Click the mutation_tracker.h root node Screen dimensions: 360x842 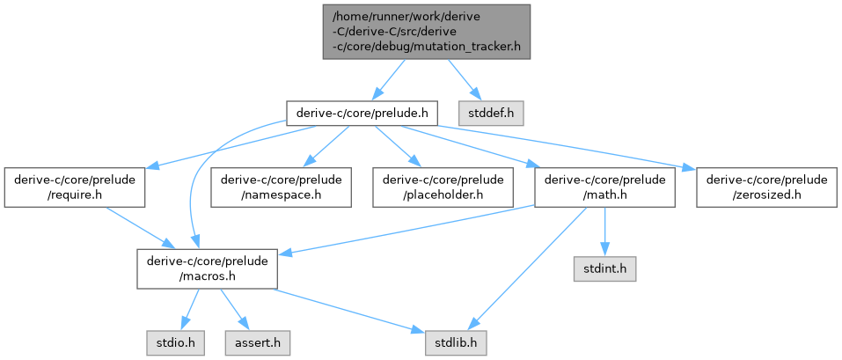tap(426, 32)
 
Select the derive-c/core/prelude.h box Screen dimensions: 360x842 tap(362, 113)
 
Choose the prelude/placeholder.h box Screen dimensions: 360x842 tap(443, 187)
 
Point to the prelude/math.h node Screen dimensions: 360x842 tap(603, 187)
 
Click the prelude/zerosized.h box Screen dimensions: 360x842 tap(765, 187)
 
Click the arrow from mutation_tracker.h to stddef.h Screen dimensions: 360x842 tap(464, 80)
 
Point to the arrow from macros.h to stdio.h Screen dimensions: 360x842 tap(190, 309)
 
